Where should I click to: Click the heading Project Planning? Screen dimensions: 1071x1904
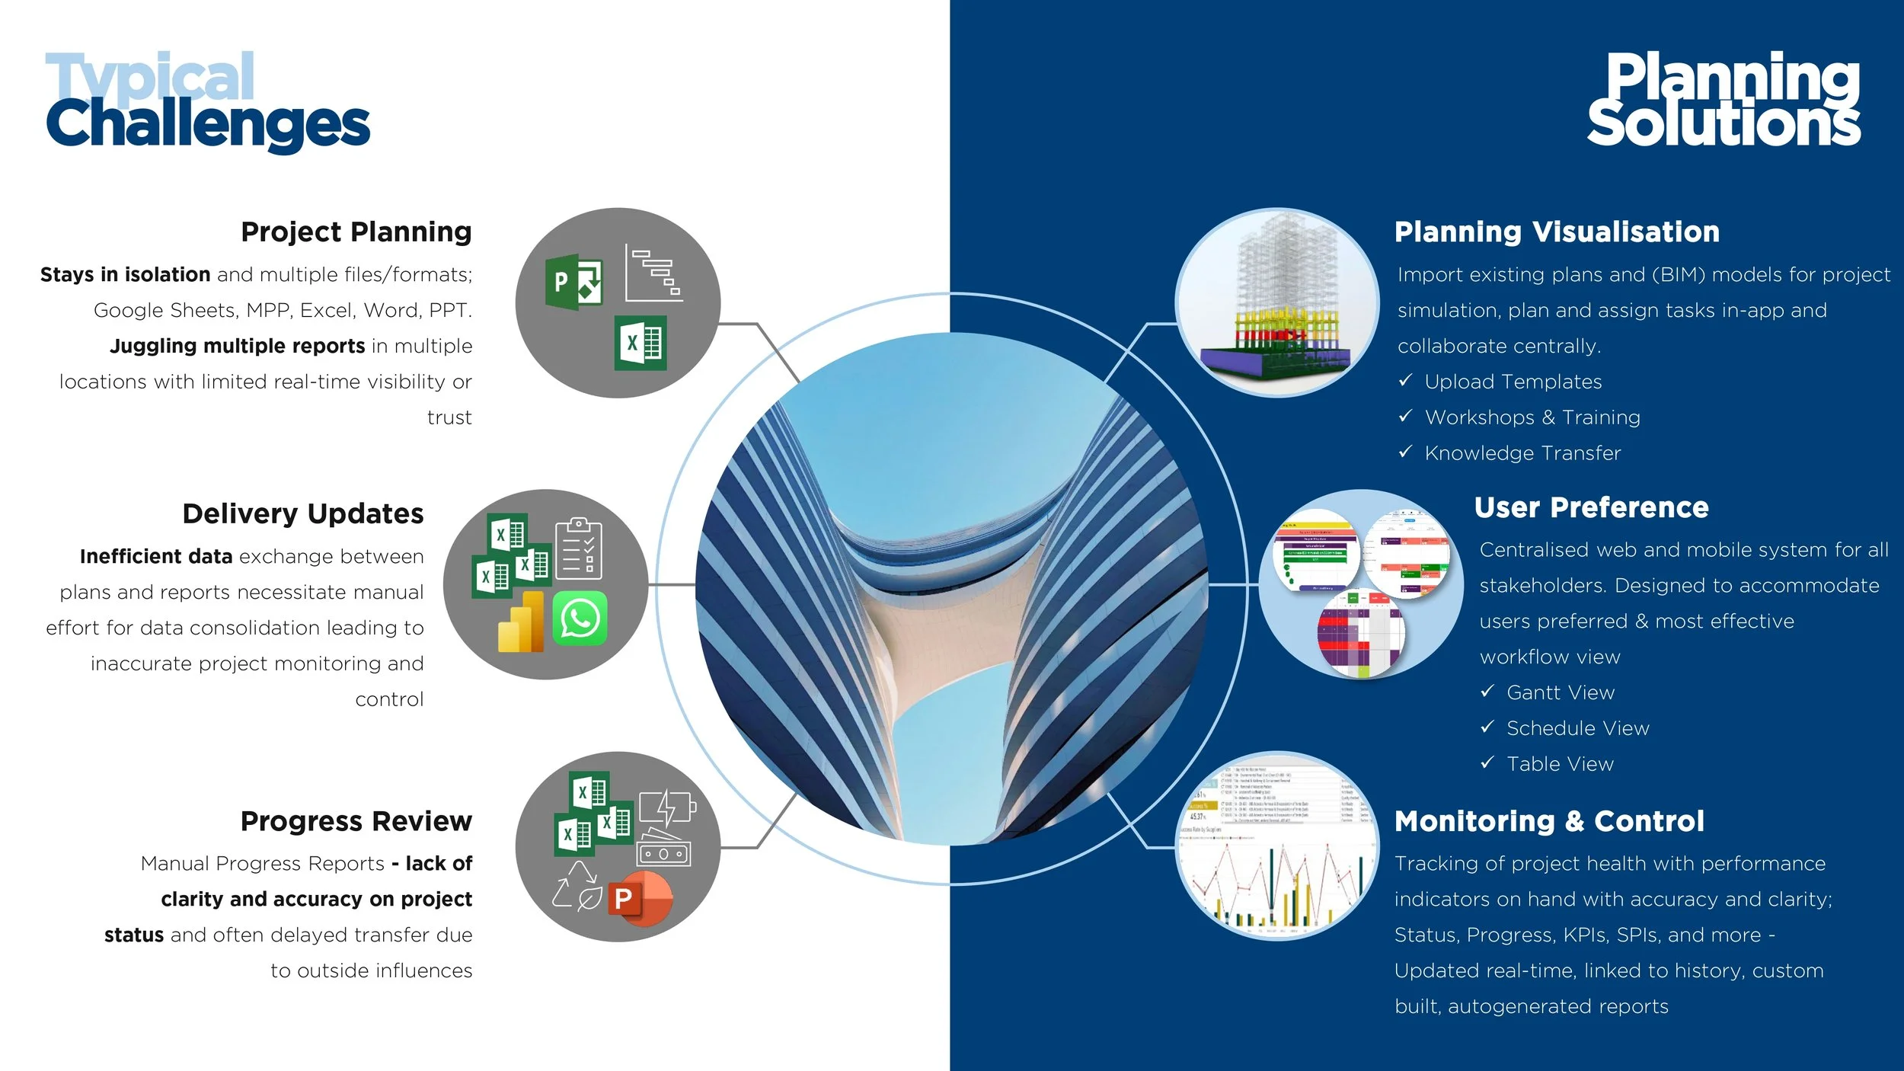pos(356,232)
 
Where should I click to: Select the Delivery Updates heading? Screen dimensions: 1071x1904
pos(302,513)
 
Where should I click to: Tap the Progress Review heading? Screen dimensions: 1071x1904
pos(356,821)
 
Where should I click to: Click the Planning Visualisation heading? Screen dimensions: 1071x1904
pos(1557,232)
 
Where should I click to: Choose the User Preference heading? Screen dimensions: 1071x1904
pos(1591,507)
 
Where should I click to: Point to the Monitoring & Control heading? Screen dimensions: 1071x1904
pos(1549,821)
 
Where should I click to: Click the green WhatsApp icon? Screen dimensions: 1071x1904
pos(580,618)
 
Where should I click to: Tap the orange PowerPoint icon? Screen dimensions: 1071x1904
pos(640,899)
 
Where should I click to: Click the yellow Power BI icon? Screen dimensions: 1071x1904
pos(521,623)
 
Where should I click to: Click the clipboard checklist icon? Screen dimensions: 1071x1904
pos(578,548)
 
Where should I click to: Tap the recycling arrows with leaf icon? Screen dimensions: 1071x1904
pos(577,886)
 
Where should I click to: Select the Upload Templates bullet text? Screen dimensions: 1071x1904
pos(1513,382)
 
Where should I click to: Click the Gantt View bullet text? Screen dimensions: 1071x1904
pos(1560,692)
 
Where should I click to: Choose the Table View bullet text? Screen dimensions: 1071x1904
pos(1560,764)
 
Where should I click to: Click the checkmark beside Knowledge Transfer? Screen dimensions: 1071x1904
pos(1405,452)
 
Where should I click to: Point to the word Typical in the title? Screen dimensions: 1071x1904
pos(150,76)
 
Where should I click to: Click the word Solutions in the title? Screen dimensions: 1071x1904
pos(1723,123)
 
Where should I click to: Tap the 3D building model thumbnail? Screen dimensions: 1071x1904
pos(1276,302)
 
